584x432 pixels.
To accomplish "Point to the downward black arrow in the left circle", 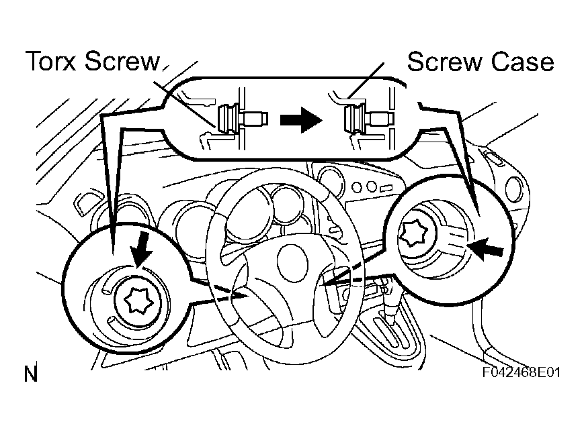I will tap(141, 254).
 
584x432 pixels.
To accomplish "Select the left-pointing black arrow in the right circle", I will tap(486, 250).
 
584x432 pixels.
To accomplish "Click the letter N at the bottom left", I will tap(30, 374).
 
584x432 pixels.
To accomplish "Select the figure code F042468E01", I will tap(521, 372).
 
